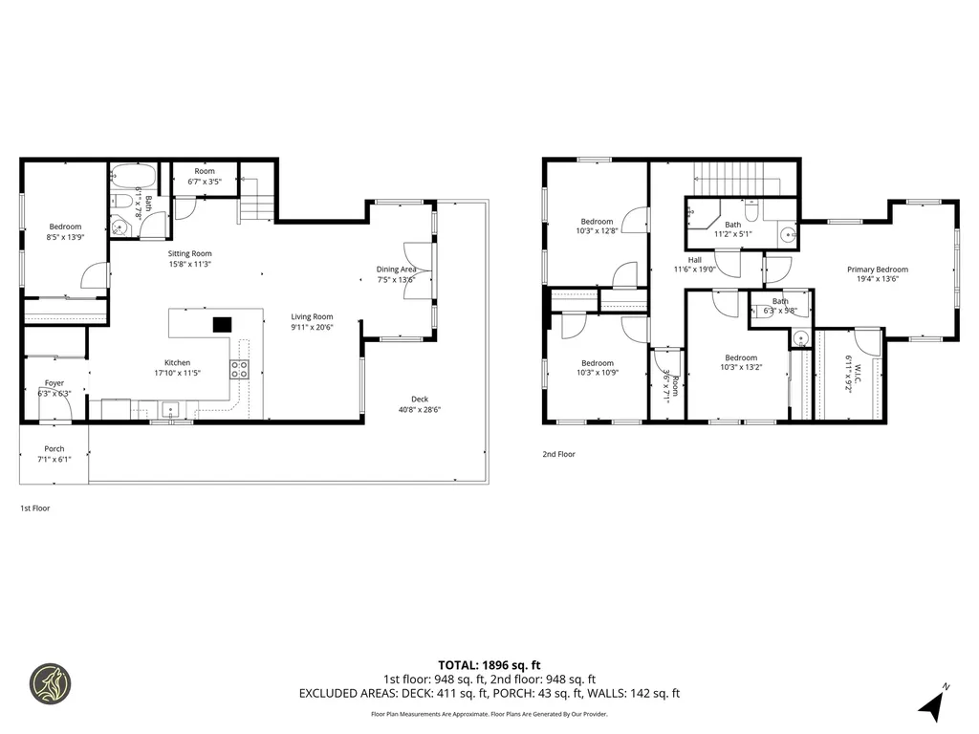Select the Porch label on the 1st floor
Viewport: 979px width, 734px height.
click(54, 448)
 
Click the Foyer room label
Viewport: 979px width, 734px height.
click(54, 382)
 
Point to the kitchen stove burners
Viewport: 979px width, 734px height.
click(240, 369)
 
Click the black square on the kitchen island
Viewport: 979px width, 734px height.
click(222, 324)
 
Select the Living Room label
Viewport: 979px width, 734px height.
click(312, 316)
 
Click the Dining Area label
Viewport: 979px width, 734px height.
click(395, 270)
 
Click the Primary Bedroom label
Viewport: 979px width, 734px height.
click(877, 270)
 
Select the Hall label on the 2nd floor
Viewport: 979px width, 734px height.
click(694, 259)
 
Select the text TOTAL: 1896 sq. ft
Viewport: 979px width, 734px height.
click(489, 664)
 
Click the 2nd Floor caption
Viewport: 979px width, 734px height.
click(559, 455)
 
